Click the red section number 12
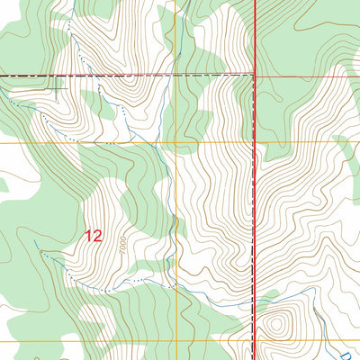(94, 236)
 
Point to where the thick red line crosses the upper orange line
(254, 142)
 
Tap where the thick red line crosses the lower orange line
(254, 341)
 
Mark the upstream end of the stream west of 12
(36, 241)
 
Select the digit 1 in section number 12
(88, 236)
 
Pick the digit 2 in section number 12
(98, 236)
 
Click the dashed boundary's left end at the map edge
(2, 76)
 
